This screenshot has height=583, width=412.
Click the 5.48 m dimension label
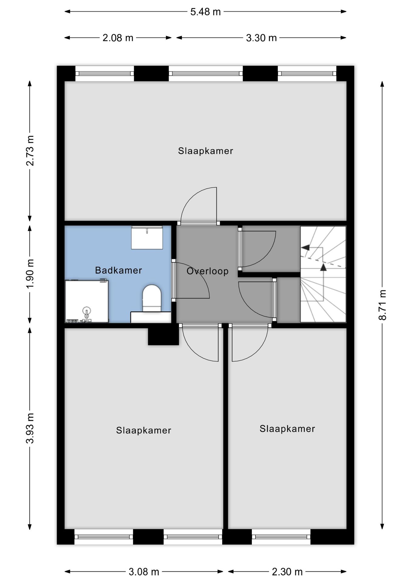205,12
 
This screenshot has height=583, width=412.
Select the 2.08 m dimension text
118,38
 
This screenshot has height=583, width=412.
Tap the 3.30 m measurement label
261,38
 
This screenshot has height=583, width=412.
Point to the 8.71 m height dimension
383,305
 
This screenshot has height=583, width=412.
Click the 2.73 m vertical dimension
30,151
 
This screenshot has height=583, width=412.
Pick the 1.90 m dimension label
30,274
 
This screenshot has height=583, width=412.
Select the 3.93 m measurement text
30,428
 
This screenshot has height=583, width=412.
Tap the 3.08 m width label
144,572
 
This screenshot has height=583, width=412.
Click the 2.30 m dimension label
287,572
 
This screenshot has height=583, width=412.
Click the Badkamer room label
118,270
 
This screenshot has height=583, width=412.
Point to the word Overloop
208,271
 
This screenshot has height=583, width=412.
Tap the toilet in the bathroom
152,298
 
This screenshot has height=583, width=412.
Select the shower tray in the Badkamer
87,301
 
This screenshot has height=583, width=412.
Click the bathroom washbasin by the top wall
147,237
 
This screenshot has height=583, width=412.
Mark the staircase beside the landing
323,274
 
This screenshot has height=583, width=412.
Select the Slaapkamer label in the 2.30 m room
287,429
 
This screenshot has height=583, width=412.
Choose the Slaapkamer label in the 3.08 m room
144,430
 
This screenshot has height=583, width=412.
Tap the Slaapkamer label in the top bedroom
205,151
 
